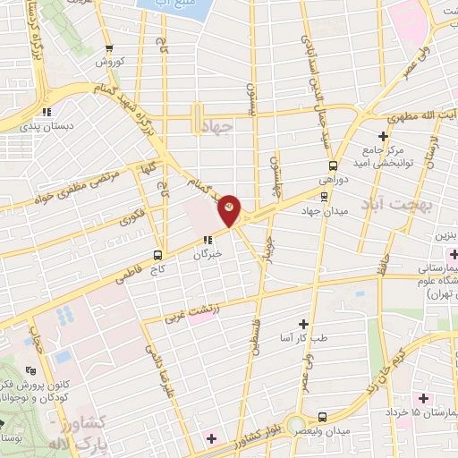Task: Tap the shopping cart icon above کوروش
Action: [x=108, y=48]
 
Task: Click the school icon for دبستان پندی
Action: [x=44, y=112]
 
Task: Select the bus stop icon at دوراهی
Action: [x=334, y=165]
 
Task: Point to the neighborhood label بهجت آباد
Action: [x=396, y=207]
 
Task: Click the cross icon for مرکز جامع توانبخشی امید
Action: [x=384, y=136]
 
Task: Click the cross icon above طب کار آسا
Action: [x=303, y=323]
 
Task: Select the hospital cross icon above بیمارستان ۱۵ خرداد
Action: [x=421, y=397]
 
